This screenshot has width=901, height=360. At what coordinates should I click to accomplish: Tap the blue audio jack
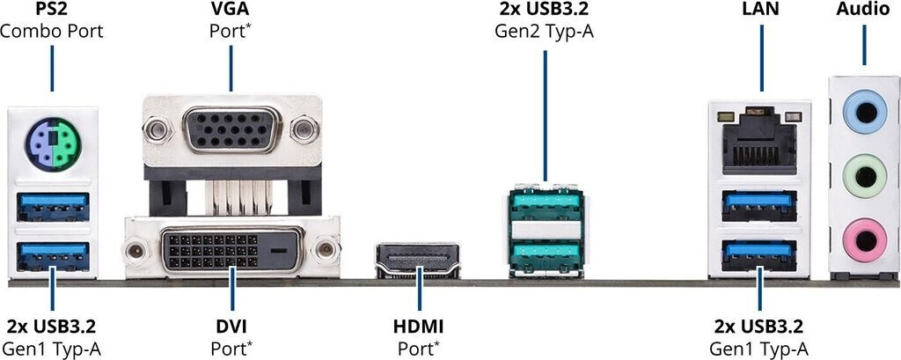(x=864, y=113)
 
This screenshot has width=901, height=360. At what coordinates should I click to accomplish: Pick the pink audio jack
(x=864, y=235)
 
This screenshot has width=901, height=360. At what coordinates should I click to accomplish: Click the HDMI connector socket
(x=420, y=260)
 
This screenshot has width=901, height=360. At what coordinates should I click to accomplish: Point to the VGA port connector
(x=231, y=130)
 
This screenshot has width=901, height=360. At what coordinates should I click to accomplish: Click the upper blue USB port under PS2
(x=53, y=207)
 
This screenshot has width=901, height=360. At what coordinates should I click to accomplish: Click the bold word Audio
(x=863, y=11)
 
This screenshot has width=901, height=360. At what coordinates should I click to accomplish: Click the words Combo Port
(x=52, y=32)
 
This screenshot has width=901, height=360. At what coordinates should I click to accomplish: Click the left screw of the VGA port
(x=157, y=131)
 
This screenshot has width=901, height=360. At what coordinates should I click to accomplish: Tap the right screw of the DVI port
(x=326, y=250)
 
